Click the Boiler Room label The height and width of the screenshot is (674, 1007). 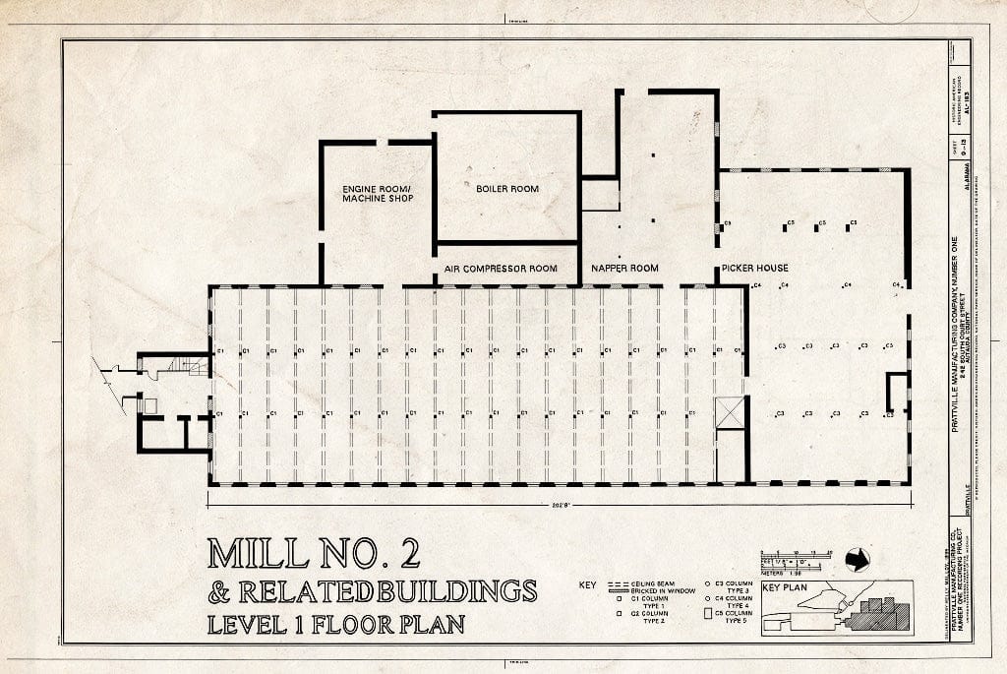pos(507,188)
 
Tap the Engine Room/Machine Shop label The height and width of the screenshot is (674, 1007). pos(378,194)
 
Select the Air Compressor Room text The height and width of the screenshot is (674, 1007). pos(501,268)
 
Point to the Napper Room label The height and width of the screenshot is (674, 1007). pos(624,268)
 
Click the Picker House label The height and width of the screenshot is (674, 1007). pos(754,268)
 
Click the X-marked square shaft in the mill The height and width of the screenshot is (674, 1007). pos(731,412)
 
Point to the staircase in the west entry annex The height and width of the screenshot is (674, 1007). pos(187,366)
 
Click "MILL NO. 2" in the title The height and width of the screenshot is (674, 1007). pos(314,555)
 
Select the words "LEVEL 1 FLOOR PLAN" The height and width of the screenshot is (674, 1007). pos(334,624)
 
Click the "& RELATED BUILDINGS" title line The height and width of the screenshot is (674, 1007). pos(371,591)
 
